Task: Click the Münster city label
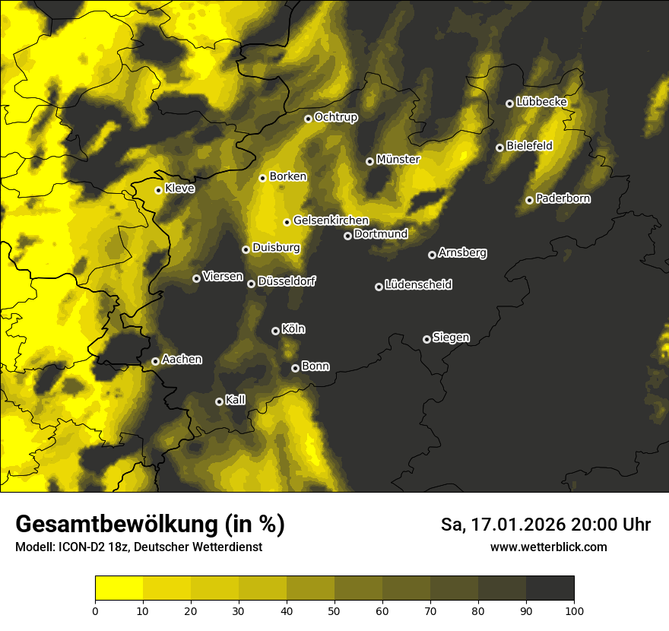pyautogui.click(x=398, y=160)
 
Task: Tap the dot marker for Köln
pyautogui.click(x=275, y=331)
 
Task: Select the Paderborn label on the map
pyautogui.click(x=563, y=198)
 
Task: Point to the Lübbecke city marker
pyautogui.click(x=509, y=103)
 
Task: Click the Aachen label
pyautogui.click(x=182, y=360)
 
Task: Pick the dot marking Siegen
pyautogui.click(x=426, y=339)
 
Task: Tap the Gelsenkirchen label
pyautogui.click(x=331, y=220)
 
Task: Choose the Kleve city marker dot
pyautogui.click(x=158, y=190)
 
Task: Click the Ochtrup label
pyautogui.click(x=336, y=117)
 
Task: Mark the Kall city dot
pyautogui.click(x=219, y=401)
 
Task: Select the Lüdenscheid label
pyautogui.click(x=418, y=285)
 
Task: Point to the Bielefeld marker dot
pyautogui.click(x=499, y=147)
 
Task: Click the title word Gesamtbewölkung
pyautogui.click(x=114, y=525)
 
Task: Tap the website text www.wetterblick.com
pyautogui.click(x=549, y=547)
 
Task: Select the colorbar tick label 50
pyautogui.click(x=334, y=610)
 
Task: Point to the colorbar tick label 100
pyautogui.click(x=574, y=610)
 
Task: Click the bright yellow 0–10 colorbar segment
pyautogui.click(x=119, y=588)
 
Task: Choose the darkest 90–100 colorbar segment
pyautogui.click(x=550, y=588)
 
